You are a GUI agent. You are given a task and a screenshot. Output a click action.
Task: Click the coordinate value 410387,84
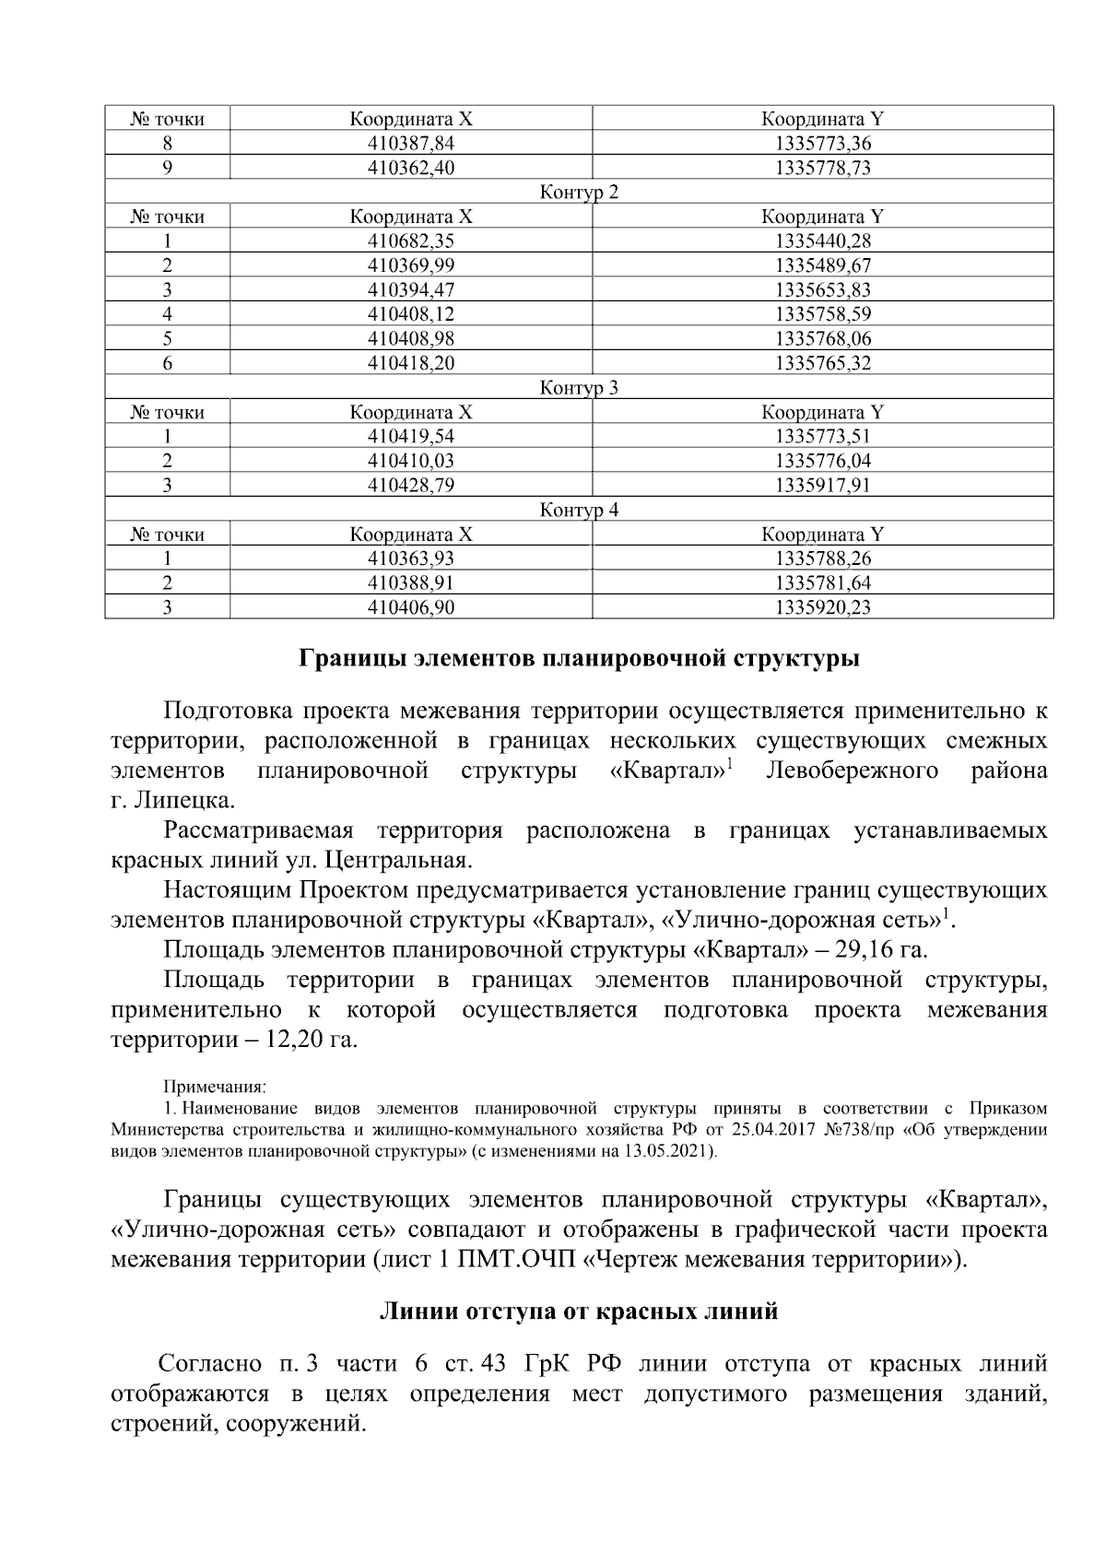pos(411,144)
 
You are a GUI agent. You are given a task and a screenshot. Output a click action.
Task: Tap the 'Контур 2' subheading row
pos(579,193)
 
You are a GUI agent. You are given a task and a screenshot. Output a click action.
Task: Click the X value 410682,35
pos(411,241)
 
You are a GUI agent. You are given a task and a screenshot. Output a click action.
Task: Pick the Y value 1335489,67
pos(823,265)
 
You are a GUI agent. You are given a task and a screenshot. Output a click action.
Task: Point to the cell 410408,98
pos(411,339)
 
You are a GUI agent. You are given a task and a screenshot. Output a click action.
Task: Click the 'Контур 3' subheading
pos(579,388)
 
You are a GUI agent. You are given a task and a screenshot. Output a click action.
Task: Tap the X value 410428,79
pos(411,485)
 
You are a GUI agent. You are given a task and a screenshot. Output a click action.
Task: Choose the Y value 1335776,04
pos(823,461)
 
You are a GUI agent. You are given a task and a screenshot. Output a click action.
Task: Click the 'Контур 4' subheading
pos(579,510)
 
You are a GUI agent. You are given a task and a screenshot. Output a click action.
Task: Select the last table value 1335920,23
pos(823,607)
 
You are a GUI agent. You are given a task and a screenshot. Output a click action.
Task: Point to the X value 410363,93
pos(411,559)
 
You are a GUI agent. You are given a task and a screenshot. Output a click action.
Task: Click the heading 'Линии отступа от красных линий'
pos(579,1311)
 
